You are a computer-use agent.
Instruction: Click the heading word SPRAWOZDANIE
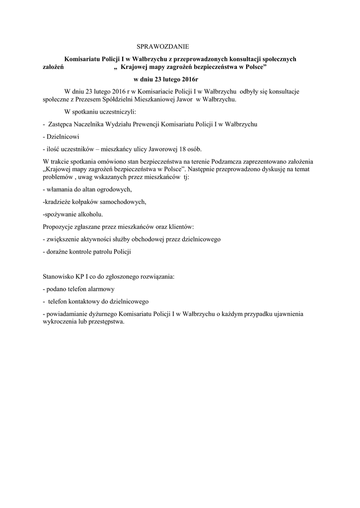click(163, 47)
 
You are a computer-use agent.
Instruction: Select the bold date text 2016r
click(188, 79)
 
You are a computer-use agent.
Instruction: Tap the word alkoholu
click(89, 214)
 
